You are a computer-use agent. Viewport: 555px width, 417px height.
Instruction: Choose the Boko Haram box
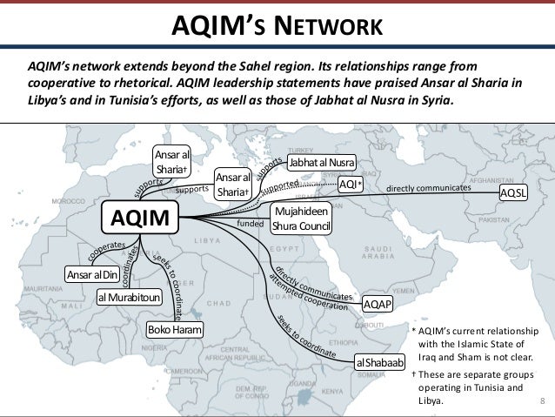175,331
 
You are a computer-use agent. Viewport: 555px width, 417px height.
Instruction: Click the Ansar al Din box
90,276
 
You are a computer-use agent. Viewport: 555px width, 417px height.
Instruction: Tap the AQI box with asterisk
350,185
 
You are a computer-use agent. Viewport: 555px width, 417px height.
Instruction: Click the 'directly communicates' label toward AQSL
428,187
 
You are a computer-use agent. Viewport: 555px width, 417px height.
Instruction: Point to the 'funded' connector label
249,224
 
